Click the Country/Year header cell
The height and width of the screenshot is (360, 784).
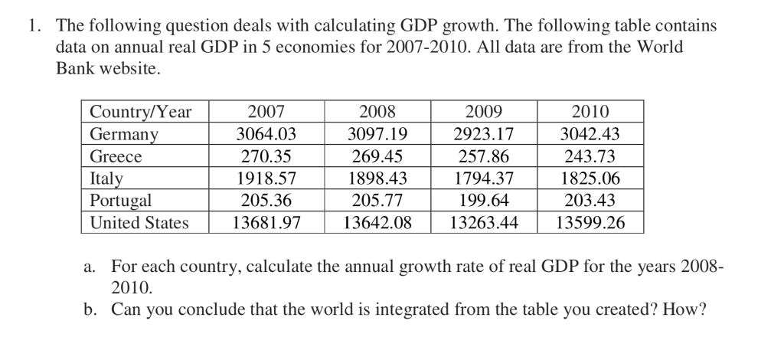140,112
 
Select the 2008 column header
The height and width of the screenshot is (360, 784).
377,112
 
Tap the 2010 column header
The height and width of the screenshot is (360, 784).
590,112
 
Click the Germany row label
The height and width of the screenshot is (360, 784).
125,134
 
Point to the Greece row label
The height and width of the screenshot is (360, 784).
116,156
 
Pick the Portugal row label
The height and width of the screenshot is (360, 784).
121,201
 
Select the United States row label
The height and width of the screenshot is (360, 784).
139,223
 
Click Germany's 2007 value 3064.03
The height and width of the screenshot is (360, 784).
266,134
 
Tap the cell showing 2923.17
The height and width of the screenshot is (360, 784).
483,134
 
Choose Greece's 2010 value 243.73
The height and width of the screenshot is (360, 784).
590,156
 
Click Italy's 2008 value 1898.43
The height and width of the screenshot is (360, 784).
377,178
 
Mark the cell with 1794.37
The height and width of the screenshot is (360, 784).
483,178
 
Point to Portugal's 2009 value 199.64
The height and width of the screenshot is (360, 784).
483,201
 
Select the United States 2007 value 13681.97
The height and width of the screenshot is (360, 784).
266,223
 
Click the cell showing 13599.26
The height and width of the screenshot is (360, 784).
590,223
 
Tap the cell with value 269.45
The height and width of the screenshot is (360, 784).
377,156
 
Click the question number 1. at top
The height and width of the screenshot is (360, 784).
34,26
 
